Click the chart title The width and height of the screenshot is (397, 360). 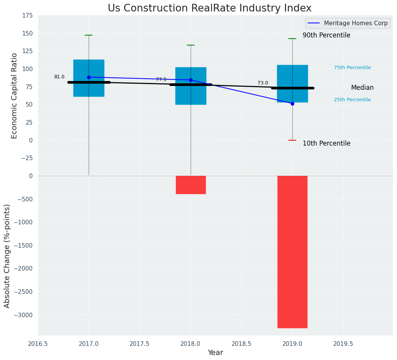[209, 8]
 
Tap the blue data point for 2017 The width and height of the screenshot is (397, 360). [89, 77]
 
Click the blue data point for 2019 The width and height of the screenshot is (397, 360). [292, 104]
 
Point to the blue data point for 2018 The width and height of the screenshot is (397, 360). [191, 80]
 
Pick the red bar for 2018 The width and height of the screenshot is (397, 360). [191, 185]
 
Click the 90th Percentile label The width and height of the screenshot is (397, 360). [326, 35]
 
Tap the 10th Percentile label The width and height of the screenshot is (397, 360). [326, 143]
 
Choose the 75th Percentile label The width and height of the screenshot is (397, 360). [352, 68]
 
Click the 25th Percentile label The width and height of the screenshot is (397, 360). [352, 100]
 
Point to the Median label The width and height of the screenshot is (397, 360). [362, 88]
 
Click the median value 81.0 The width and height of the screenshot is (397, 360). [59, 77]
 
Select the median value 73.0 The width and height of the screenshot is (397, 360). [263, 83]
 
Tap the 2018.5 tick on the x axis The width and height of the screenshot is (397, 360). [241, 344]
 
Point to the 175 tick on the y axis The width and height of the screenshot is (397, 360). [28, 16]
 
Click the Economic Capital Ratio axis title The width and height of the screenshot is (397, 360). [14, 96]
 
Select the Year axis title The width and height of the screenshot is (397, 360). [216, 353]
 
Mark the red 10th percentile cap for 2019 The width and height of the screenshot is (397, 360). [292, 140]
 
